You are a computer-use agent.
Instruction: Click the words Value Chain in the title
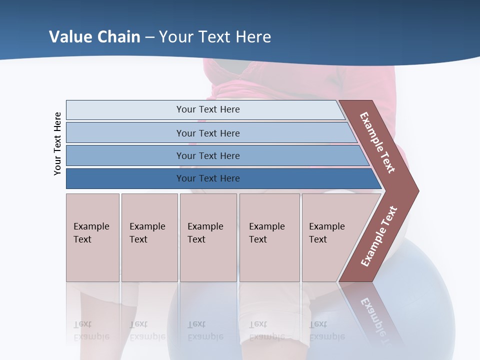94,37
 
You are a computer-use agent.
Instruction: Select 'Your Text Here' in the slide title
215,37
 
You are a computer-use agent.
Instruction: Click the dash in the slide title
149,37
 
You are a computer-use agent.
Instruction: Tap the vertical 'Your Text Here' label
57,143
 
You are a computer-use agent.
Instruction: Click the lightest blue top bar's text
208,109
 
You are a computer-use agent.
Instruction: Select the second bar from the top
208,133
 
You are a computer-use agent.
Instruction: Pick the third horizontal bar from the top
208,155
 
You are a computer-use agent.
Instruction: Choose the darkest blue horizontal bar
208,178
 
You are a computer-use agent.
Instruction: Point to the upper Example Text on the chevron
378,142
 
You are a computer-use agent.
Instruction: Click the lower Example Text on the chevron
379,236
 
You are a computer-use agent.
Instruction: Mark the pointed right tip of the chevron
416,190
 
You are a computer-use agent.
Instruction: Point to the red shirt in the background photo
300,80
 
